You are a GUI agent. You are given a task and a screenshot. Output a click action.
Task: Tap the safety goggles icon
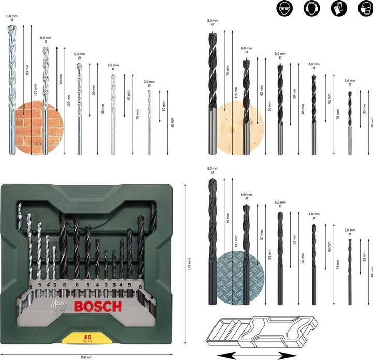pos(283,8)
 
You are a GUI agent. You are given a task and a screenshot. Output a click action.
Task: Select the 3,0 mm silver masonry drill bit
pos(149,122)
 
